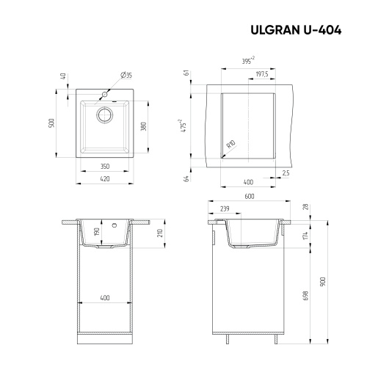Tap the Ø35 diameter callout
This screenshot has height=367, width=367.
tap(126, 75)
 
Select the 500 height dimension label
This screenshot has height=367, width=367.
tap(52, 123)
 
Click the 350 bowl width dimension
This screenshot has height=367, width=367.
tap(104, 166)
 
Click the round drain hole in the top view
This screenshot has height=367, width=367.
tap(104, 114)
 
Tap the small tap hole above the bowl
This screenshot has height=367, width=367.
tap(104, 95)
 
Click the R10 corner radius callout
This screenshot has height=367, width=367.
tap(231, 144)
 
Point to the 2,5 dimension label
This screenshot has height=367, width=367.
tap(286, 173)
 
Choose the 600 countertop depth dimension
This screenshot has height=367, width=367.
tap(249, 196)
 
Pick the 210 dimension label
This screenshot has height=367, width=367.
tap(159, 233)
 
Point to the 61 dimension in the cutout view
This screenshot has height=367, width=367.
tap(187, 73)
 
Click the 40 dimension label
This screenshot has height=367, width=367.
tap(64, 76)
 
